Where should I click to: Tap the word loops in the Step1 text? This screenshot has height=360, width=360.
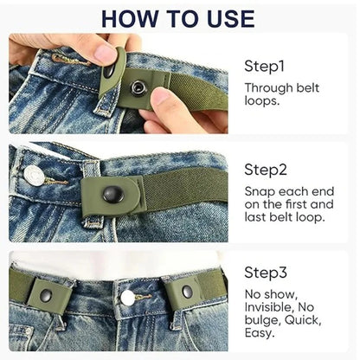(260, 100)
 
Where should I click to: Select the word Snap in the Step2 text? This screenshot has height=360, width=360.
(259, 191)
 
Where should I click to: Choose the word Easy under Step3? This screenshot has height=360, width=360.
(260, 333)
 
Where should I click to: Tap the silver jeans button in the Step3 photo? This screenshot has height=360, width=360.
(128, 297)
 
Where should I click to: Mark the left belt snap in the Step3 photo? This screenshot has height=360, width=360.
(45, 296)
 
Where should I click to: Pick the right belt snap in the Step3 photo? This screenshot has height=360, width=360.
(186, 293)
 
